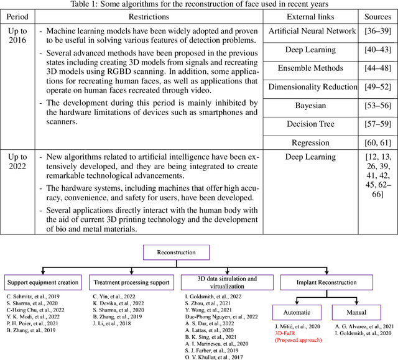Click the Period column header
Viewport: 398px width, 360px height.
click(17, 16)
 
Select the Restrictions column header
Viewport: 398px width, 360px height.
click(147, 16)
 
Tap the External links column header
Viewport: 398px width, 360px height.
click(310, 16)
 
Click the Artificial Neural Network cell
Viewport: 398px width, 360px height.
click(310, 31)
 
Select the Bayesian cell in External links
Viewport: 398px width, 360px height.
click(310, 106)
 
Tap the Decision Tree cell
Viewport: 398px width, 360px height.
click(310, 124)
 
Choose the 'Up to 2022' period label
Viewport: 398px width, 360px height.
click(17, 162)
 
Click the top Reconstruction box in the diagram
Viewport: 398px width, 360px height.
click(176, 253)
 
